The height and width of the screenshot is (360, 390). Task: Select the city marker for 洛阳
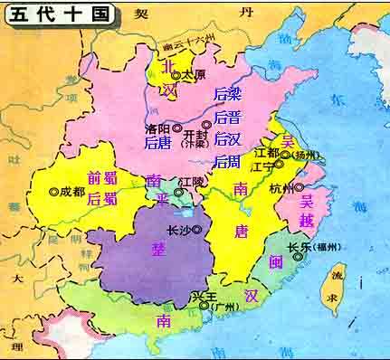click(x=177, y=128)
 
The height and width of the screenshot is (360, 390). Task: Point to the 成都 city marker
click(x=53, y=191)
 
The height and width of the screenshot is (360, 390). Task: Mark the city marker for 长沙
click(x=196, y=229)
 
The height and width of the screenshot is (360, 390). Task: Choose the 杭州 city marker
click(x=299, y=189)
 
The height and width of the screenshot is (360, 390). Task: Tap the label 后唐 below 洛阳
click(x=158, y=144)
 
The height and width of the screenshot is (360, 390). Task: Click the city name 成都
click(x=73, y=191)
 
